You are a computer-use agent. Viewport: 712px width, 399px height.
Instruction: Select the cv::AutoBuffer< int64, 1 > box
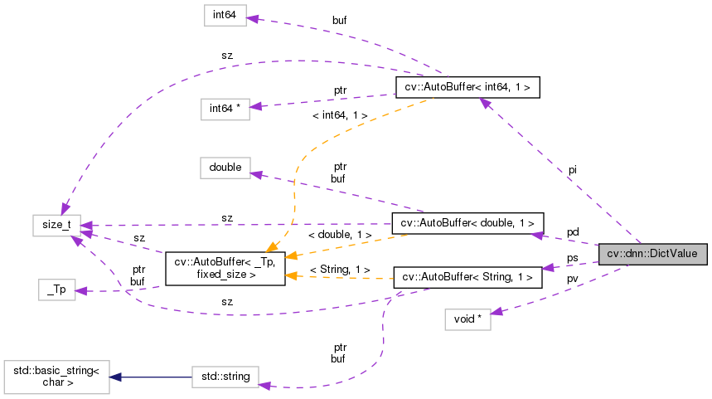(468, 86)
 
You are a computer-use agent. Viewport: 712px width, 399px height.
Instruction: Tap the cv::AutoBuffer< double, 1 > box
(467, 223)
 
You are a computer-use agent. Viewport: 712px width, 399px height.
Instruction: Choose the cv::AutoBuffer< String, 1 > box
(467, 277)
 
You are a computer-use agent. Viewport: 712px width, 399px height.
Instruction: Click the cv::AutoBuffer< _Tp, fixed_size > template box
(225, 268)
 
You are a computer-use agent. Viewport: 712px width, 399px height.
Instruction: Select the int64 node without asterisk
(225, 16)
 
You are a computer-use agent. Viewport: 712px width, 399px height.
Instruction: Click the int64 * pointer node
(225, 109)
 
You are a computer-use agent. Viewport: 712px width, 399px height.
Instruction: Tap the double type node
(225, 168)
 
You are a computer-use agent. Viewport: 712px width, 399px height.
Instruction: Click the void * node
(467, 319)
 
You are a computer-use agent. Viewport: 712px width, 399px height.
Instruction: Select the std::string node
(225, 377)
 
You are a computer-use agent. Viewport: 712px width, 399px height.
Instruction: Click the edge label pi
(572, 170)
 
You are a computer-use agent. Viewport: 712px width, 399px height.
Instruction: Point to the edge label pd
(573, 231)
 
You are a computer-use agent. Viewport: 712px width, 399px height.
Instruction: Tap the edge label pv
(573, 279)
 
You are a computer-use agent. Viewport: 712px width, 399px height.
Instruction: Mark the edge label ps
(573, 258)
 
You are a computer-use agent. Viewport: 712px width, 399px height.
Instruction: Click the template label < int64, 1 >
(340, 115)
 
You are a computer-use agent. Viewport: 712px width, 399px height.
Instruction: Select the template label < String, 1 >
(340, 270)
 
